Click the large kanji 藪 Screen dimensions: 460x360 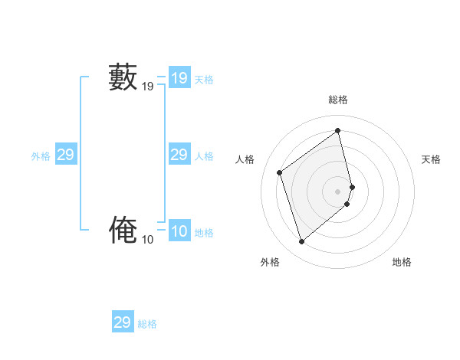123,78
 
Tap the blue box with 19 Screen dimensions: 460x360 179,78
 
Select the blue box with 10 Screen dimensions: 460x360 179,232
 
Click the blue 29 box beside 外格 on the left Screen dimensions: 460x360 65,155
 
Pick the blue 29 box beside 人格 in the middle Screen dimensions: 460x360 179,155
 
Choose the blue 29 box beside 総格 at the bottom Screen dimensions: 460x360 123,322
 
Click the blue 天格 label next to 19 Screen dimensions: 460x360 204,80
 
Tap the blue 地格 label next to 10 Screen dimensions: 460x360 204,233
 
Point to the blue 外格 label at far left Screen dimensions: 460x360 41,156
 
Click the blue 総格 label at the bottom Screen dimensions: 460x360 147,324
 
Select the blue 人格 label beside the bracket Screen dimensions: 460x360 204,156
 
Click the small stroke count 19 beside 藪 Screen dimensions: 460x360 147,87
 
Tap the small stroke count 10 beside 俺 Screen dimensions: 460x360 147,240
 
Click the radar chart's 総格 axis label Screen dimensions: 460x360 338,100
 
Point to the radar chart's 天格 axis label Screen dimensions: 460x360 431,159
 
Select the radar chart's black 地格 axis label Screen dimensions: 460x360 402,262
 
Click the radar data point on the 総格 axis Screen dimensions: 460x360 338,130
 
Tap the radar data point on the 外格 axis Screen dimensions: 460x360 301,242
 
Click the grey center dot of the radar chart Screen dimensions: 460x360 338,191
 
